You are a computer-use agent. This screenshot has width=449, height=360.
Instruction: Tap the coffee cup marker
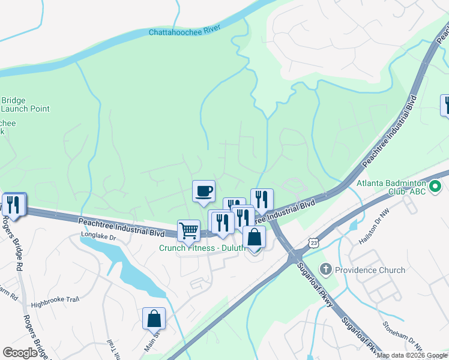[203, 191]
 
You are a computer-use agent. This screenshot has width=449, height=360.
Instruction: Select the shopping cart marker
[188, 230]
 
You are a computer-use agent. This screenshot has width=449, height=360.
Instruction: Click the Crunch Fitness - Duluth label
[202, 248]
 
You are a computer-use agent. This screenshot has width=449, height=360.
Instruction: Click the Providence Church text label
[370, 270]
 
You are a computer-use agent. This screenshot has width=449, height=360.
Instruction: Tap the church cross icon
[326, 269]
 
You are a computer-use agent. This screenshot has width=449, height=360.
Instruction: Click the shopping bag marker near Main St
[154, 318]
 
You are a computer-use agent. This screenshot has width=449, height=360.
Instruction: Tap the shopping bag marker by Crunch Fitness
[254, 237]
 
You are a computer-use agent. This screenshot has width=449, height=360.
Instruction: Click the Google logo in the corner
[20, 353]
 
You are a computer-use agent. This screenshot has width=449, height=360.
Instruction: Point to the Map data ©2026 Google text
[412, 355]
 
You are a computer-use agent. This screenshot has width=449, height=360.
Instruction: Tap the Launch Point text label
[25, 109]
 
